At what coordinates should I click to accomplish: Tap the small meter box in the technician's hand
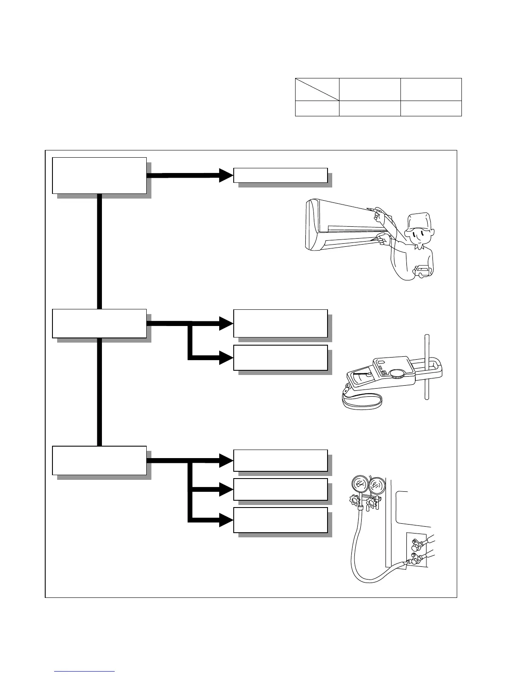[x=424, y=271]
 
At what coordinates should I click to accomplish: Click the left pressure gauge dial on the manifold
[x=360, y=485]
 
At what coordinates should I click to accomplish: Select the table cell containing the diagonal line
[x=317, y=89]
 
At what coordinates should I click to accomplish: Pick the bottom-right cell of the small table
[x=431, y=108]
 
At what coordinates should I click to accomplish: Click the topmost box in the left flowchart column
[x=99, y=176]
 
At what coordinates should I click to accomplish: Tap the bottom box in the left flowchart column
[x=99, y=460]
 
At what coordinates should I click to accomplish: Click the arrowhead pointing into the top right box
[x=225, y=175]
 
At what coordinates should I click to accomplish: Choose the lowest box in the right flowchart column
[x=280, y=520]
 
